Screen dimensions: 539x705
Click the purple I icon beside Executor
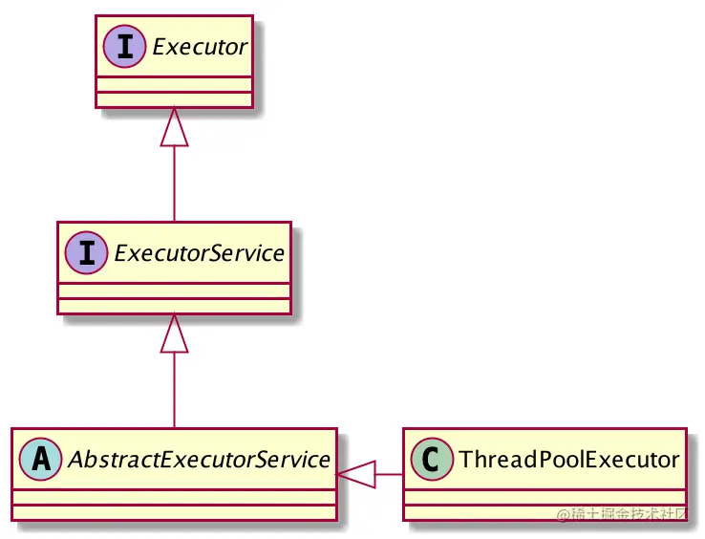122,47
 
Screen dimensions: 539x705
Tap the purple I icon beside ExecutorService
86,253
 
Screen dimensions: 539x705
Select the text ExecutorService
198,253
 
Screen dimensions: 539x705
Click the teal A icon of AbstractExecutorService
41,459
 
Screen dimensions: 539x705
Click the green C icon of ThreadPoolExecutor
431,460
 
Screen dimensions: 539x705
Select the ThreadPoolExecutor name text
568,460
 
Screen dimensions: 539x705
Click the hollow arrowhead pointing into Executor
174,128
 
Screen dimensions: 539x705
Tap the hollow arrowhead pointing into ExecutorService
174,334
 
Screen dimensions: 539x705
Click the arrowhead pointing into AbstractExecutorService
355,474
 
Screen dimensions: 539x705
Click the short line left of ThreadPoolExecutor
390,474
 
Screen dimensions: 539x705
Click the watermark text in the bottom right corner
622,513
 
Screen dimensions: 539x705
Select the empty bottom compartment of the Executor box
174,99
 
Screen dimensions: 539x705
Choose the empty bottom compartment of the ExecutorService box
174,306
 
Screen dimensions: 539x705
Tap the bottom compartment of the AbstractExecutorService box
174,511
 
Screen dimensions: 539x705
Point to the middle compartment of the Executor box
174,85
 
